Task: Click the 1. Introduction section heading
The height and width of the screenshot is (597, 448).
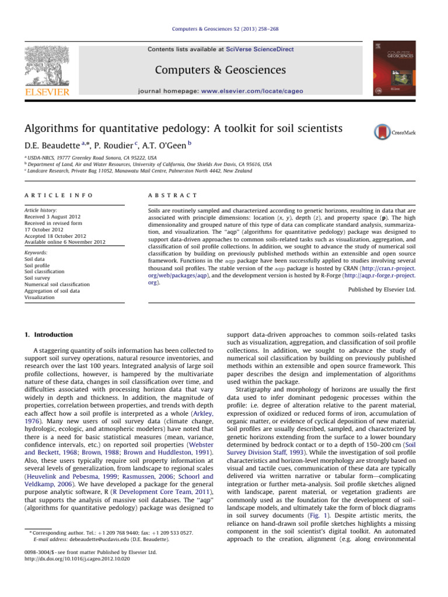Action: tap(49, 335)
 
